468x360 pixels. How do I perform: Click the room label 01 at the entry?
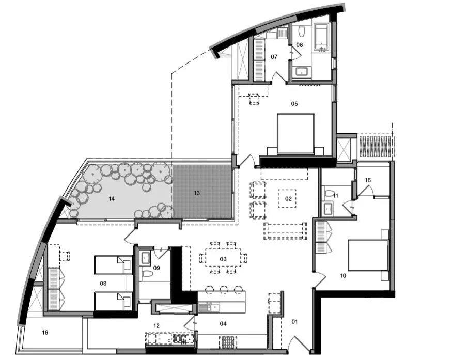tap(295, 322)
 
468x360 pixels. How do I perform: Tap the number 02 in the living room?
tap(288, 198)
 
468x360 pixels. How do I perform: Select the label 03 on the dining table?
tap(223, 258)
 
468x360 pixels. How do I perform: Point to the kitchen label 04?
tap(223, 324)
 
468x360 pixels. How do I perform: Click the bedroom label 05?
tap(294, 104)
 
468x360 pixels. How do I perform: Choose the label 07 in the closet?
tap(274, 56)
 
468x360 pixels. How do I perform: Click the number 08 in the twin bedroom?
tap(103, 283)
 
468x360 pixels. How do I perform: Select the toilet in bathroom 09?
tap(146, 275)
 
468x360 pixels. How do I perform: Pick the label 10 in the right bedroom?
tap(342, 276)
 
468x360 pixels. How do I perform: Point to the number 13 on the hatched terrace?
tap(196, 193)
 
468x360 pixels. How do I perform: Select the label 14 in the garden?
tap(111, 198)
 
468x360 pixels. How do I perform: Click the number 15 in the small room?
tap(368, 180)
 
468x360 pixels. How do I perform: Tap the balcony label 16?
tap(45, 333)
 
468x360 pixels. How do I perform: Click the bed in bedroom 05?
tap(295, 134)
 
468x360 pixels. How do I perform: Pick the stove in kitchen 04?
tap(228, 341)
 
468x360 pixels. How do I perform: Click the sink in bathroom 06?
tap(301, 71)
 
